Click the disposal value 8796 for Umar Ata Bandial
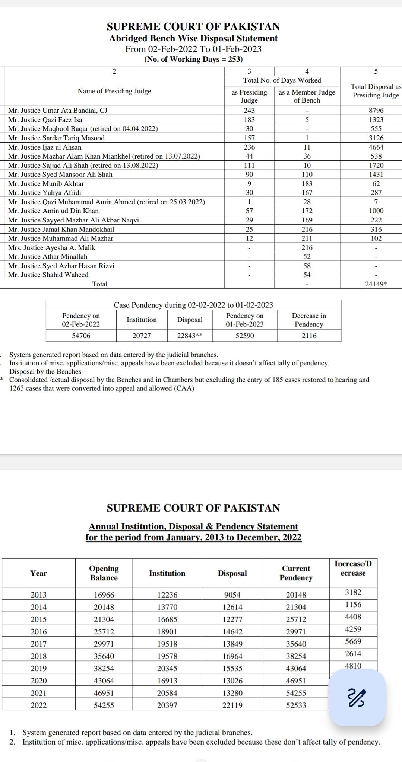[x=376, y=111]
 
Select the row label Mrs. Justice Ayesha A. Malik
[x=52, y=248]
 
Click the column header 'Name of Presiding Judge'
[x=114, y=91]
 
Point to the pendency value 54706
[x=81, y=336]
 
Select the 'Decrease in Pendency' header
[x=309, y=320]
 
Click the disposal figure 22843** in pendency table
[x=190, y=336]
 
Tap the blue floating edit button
[x=357, y=698]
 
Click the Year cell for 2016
[x=38, y=632]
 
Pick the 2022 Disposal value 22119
[x=232, y=705]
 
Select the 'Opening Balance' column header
[x=104, y=573]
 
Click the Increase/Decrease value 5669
[x=353, y=641]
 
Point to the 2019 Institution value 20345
[x=167, y=669]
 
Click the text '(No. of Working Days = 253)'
[x=193, y=59]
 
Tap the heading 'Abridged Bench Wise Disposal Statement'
[x=193, y=38]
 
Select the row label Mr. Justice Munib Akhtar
[x=46, y=184]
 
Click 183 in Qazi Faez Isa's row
[x=249, y=120]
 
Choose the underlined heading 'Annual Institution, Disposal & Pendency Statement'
[x=193, y=527]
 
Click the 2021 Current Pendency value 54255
[x=296, y=693]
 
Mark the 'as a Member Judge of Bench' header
[x=307, y=96]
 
